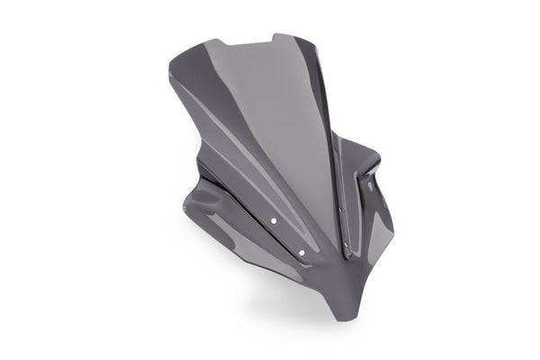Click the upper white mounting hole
pyautogui.click(x=274, y=219)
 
